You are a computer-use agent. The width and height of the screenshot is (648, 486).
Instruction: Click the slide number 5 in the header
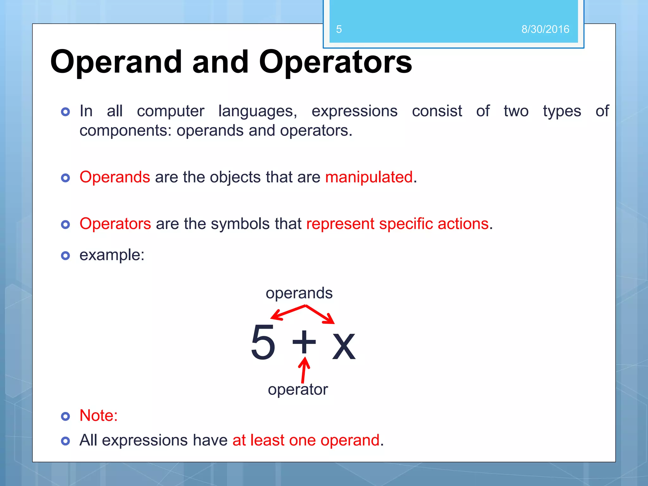(339, 29)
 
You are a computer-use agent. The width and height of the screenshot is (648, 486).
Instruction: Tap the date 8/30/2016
(545, 29)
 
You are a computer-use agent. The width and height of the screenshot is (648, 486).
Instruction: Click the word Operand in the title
(116, 62)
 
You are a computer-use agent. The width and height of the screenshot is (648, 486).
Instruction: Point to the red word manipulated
(369, 177)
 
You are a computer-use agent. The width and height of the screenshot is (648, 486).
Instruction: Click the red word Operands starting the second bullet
(115, 177)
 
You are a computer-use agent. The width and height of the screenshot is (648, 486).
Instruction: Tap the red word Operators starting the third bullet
(115, 224)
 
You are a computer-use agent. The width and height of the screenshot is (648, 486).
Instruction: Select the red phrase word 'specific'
(406, 224)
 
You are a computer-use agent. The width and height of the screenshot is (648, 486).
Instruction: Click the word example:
(112, 255)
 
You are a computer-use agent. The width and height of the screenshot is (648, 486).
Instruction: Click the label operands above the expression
(299, 293)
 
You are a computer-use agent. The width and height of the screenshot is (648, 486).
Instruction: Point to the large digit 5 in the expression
(263, 342)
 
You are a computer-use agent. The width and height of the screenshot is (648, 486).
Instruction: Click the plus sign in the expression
(304, 342)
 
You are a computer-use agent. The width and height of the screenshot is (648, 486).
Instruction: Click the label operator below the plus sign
(298, 389)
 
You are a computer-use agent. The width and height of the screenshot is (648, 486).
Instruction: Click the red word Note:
(98, 415)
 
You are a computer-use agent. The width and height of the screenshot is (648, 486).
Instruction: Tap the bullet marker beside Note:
(65, 416)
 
